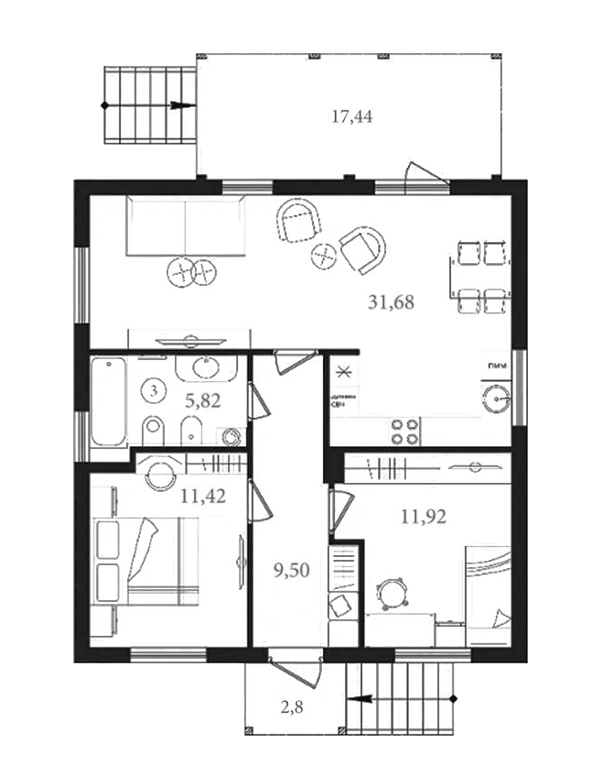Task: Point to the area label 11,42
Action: tap(203, 497)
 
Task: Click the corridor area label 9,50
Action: tap(291, 570)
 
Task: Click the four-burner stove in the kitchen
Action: tap(405, 432)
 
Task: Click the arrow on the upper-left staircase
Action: tap(181, 105)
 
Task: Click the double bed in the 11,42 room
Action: tap(160, 560)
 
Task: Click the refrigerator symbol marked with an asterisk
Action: tap(345, 372)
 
